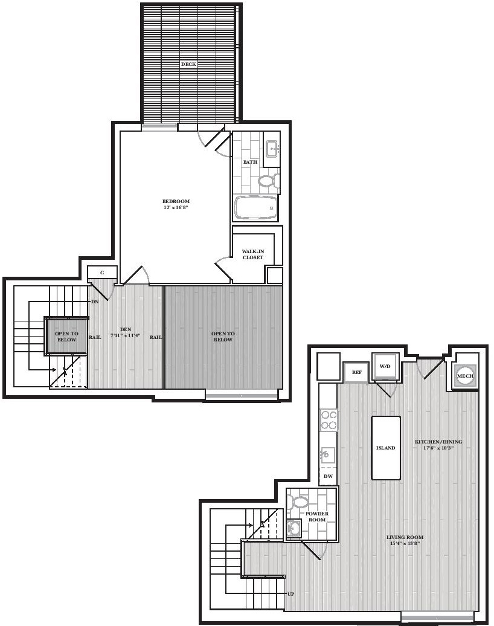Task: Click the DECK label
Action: coord(188,64)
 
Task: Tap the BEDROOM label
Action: coord(176,201)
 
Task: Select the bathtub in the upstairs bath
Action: coord(255,208)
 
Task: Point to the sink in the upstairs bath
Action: coord(272,149)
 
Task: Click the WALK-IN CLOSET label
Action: coord(253,254)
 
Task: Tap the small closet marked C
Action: coord(102,273)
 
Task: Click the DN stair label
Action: coord(95,302)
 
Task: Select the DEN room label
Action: coord(126,329)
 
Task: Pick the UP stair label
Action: coord(291,594)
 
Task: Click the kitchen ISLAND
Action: coord(386,448)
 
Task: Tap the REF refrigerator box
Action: coord(357,372)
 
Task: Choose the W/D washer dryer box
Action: coord(385,366)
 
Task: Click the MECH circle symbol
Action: coord(465,376)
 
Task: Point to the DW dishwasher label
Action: coord(328,476)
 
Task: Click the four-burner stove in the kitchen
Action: coord(329,420)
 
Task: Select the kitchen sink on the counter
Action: coord(327,454)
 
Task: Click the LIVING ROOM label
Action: coord(405,537)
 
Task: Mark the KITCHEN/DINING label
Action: coord(438,442)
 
